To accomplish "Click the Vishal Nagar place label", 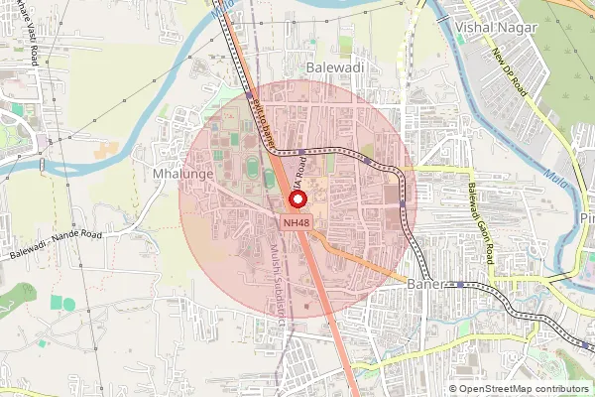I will (498, 28).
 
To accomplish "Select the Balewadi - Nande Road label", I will (57, 246).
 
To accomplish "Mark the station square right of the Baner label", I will (460, 284).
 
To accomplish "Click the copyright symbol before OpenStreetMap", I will (454, 389).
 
